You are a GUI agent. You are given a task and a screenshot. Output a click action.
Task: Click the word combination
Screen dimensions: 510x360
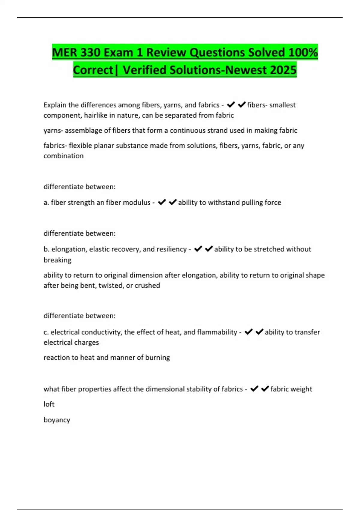click(64, 156)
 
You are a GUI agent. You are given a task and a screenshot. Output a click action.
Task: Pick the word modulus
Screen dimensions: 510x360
click(136, 202)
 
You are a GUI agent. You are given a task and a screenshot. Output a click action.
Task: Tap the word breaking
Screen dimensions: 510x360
click(57, 260)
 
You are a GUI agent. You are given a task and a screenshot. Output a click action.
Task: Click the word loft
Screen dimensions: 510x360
click(49, 404)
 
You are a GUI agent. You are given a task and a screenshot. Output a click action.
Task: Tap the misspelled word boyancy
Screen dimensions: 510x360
click(57, 420)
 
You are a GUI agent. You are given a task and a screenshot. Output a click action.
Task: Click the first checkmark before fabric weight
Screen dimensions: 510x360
click(254, 389)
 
